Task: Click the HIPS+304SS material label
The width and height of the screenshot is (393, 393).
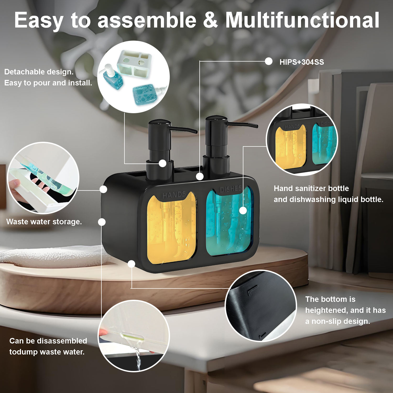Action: coord(302,62)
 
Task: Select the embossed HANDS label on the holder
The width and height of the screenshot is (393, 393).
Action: coord(174,195)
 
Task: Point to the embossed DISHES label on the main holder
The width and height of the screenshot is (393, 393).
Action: coord(231,189)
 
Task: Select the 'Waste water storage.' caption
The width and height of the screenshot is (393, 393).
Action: coord(44,222)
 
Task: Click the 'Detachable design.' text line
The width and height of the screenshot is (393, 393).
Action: coord(39,72)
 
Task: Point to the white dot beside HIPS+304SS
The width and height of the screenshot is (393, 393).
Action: coord(269,61)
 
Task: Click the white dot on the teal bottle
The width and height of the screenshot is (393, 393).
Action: coord(243,210)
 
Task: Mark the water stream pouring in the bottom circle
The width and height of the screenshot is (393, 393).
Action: coord(137,358)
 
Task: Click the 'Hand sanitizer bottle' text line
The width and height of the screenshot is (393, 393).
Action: coord(311,188)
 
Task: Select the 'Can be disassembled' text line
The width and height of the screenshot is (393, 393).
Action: coord(48,341)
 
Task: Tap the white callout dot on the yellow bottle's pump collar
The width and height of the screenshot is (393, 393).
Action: coord(163,163)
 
